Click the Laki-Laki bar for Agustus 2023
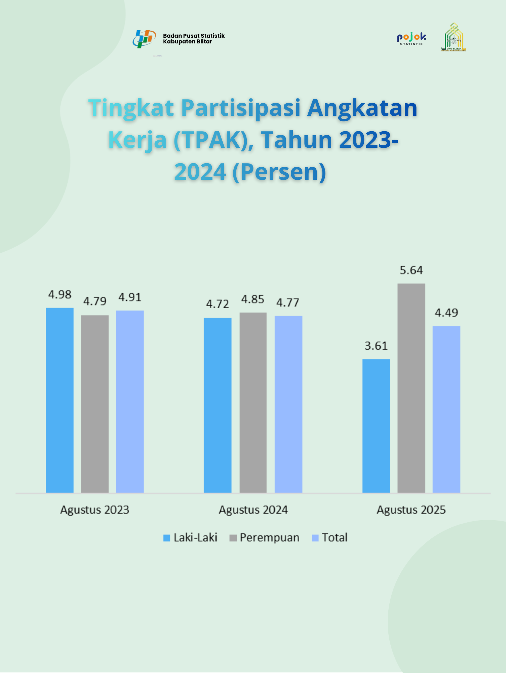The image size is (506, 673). [x=60, y=400]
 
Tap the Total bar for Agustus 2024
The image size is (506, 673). [x=288, y=404]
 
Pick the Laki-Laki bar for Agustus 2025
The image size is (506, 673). [x=376, y=426]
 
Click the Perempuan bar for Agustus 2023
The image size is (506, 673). [x=95, y=404]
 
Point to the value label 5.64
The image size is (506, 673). [x=411, y=270]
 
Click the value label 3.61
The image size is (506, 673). [x=376, y=346]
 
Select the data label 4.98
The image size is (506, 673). [x=60, y=295]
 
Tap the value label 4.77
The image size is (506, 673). [x=288, y=303]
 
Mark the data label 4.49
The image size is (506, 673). [x=446, y=313]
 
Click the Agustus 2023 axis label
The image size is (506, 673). [x=95, y=510]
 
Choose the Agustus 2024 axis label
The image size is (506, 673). [x=253, y=510]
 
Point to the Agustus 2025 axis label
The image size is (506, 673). [x=411, y=510]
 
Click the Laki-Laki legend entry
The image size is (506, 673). [x=190, y=538]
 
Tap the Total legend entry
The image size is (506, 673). [x=330, y=538]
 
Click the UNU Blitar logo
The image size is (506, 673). [x=454, y=37]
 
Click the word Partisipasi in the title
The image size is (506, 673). [x=241, y=108]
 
